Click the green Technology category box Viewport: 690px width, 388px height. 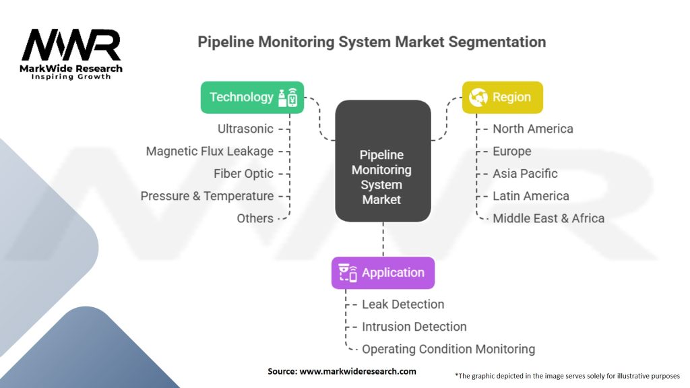click(x=252, y=97)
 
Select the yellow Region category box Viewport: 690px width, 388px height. click(x=502, y=97)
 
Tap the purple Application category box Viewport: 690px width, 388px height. click(x=383, y=273)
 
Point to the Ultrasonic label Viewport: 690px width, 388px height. click(x=245, y=129)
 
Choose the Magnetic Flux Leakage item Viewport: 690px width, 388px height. click(x=210, y=151)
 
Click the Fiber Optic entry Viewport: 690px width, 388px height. click(x=243, y=173)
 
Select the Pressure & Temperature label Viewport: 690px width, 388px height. click(x=207, y=196)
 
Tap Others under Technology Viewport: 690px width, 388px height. click(x=255, y=218)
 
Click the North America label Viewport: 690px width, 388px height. click(x=532, y=129)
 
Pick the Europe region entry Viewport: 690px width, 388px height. click(x=511, y=151)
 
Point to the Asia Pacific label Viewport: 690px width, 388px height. click(x=525, y=173)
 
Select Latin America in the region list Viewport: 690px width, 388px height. click(x=530, y=196)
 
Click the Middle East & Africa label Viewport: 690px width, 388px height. click(x=548, y=218)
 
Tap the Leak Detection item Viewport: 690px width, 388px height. click(x=403, y=304)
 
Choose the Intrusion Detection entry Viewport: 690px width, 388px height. click(x=414, y=327)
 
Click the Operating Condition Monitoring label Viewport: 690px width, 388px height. click(x=448, y=349)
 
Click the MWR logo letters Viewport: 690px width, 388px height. click(x=71, y=46)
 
